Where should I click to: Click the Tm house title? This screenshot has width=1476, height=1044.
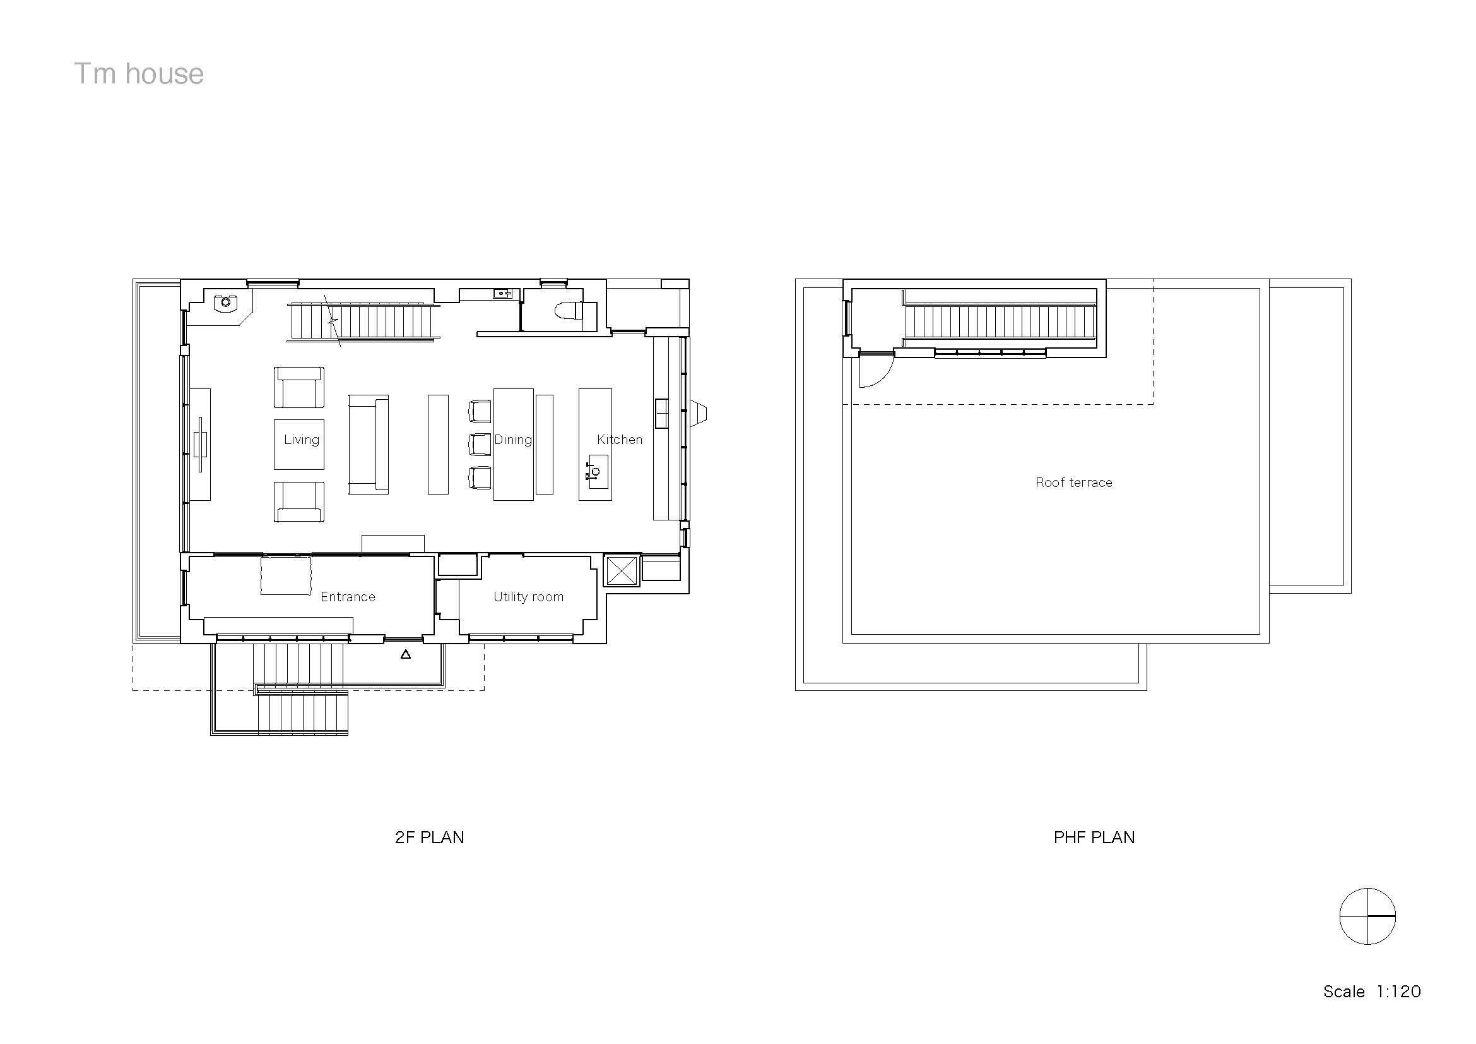(139, 74)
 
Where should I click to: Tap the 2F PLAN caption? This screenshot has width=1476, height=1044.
(430, 837)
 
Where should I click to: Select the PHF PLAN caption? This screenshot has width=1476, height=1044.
(1094, 837)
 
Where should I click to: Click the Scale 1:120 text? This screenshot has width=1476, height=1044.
(1372, 991)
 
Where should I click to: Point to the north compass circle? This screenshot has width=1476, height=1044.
(1367, 916)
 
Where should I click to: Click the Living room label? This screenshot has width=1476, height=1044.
(302, 440)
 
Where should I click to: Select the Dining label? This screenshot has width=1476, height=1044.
(513, 440)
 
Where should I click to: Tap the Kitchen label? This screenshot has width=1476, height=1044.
(619, 440)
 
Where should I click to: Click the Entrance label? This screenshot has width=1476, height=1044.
(348, 597)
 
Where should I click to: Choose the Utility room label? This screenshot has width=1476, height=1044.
(528, 597)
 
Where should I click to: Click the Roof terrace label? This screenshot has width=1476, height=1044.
(1073, 483)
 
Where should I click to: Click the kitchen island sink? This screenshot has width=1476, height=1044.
(596, 471)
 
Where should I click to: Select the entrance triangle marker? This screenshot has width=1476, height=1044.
(406, 654)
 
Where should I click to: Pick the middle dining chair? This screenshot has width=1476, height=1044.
(480, 444)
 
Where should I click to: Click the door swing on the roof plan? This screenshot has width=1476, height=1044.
(874, 372)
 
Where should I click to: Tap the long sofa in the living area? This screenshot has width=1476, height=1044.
(369, 445)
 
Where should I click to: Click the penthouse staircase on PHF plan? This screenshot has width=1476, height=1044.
(1000, 321)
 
